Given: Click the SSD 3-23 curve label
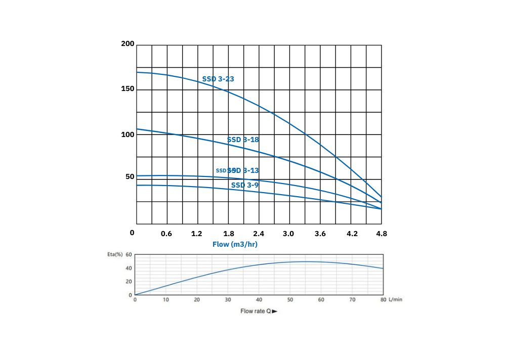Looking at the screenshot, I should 218,79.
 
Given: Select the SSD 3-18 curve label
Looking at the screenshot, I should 243,140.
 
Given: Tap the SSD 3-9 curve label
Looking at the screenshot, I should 245,185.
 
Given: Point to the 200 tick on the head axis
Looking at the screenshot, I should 128,44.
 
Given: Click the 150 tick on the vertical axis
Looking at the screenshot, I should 128,89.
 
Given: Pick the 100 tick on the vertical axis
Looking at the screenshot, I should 128,134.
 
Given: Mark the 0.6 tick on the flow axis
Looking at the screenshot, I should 166,234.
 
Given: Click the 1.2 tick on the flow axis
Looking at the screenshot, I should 197,234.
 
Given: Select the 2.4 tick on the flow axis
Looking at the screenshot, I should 259,234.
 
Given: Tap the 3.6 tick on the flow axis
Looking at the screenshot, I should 320,234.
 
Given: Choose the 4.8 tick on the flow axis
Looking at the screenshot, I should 382,234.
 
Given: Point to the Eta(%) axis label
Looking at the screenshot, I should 115,254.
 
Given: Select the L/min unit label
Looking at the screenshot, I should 395,300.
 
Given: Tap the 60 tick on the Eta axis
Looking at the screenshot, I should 129,254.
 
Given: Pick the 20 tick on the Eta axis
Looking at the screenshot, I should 129,282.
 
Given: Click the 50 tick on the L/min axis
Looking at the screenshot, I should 290,300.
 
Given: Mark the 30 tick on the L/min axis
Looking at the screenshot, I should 228,300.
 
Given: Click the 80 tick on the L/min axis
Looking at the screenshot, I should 383,300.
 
